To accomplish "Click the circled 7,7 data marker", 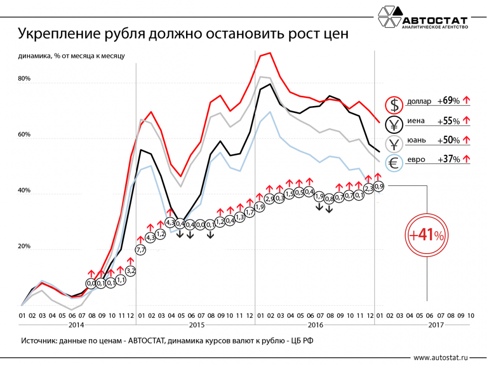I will pos(140,250).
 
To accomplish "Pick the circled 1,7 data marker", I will pos(249,212).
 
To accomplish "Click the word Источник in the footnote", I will pos(38,340).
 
